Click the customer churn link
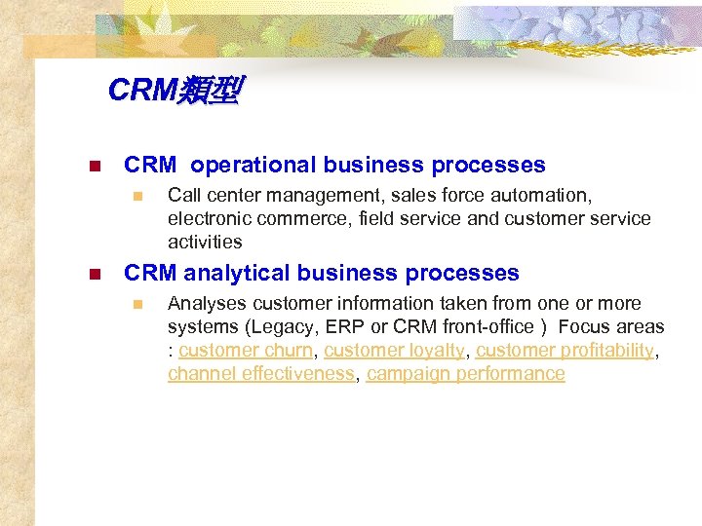click(246, 351)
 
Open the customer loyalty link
click(395, 351)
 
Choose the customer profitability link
click(565, 351)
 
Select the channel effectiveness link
click(260, 374)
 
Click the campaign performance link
click(466, 374)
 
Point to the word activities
click(205, 243)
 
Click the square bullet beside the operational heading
click(94, 167)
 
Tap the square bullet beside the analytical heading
click(94, 275)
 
